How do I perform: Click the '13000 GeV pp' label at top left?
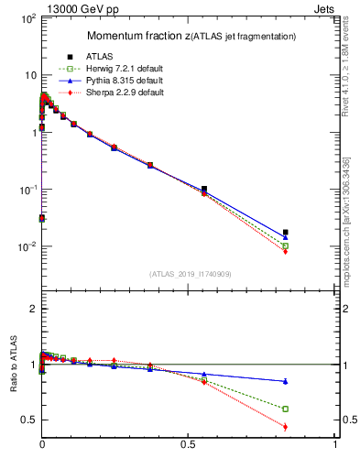47,7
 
